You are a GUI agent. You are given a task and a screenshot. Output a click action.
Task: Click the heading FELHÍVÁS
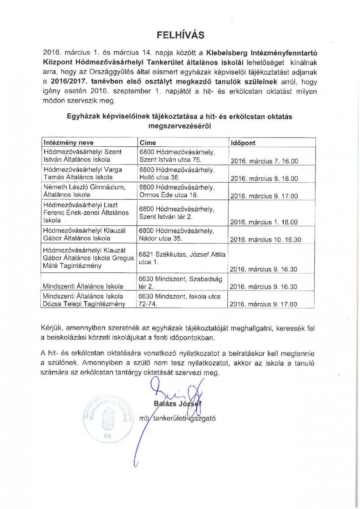(180, 34)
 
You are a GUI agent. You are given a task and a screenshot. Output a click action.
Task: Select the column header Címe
(148, 143)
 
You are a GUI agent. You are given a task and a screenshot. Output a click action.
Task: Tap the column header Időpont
(243, 143)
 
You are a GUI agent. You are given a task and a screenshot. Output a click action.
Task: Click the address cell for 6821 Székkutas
(182, 258)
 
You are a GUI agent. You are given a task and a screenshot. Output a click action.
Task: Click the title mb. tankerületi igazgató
(178, 418)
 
